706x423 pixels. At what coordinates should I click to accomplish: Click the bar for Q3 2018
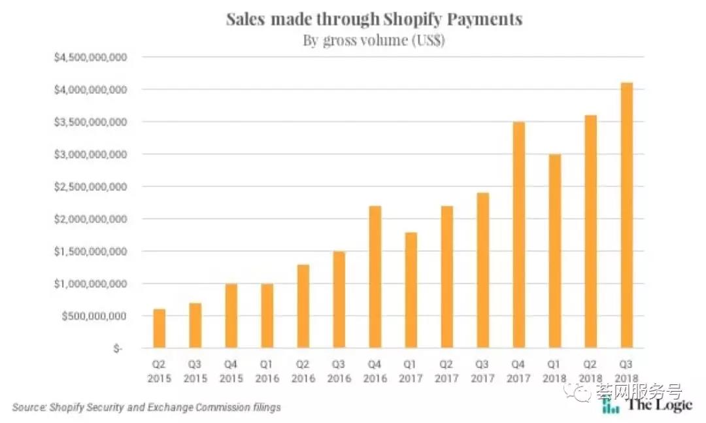pyautogui.click(x=626, y=215)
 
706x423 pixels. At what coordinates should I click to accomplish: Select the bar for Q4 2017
pyautogui.click(x=518, y=235)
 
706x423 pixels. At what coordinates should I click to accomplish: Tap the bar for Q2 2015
pyautogui.click(x=160, y=328)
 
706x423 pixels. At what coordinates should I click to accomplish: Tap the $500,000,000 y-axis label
pyautogui.click(x=94, y=316)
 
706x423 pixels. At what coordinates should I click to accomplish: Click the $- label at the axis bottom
pyautogui.click(x=117, y=348)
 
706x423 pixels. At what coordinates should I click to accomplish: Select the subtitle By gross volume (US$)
pyautogui.click(x=374, y=40)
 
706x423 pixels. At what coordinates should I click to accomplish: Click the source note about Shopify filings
pyautogui.click(x=146, y=407)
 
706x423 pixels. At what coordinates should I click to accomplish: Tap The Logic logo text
pyautogui.click(x=659, y=405)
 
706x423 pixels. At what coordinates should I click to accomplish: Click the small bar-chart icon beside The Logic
pyautogui.click(x=610, y=406)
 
